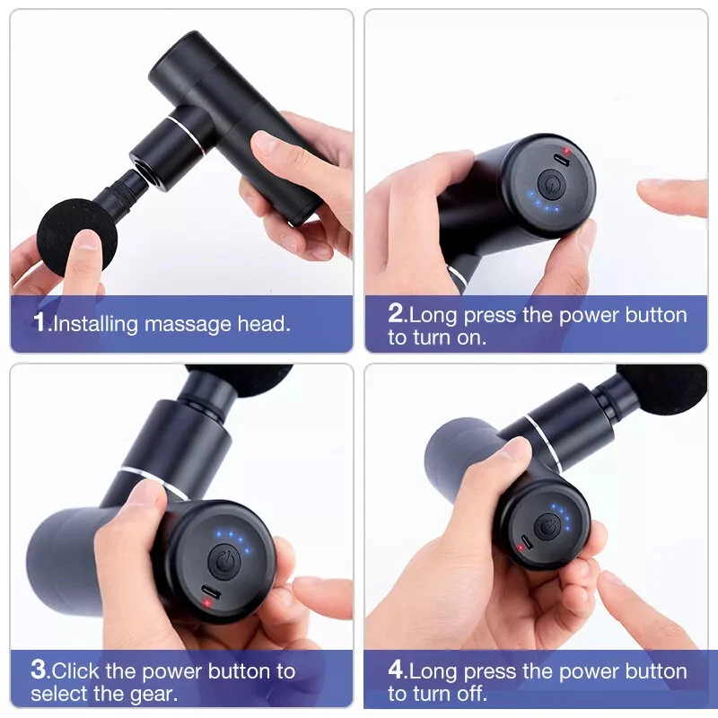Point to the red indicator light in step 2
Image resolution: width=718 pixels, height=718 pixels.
click(566, 151)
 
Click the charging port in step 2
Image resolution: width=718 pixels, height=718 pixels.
click(563, 161)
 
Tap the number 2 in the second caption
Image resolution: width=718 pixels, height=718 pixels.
click(396, 314)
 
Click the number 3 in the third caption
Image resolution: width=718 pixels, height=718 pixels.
click(39, 670)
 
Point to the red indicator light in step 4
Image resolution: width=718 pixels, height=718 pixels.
click(520, 548)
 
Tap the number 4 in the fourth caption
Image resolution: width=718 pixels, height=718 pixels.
click(397, 670)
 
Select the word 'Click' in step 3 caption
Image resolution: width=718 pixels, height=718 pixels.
click(79, 670)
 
